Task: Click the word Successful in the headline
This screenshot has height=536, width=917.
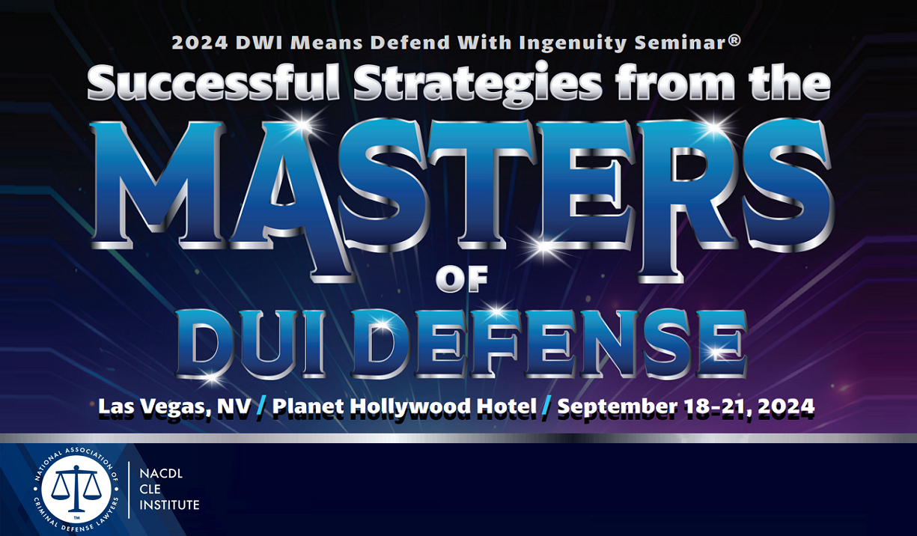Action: [213, 82]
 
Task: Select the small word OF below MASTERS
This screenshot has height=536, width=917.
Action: [462, 278]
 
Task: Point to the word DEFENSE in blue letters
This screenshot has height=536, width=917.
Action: [549, 343]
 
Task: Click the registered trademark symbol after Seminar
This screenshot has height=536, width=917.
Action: [735, 41]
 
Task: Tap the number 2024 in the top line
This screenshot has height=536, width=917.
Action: [200, 43]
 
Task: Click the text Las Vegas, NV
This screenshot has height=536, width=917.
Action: [174, 407]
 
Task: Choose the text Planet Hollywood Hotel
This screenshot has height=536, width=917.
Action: [404, 407]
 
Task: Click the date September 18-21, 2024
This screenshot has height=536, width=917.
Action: [686, 406]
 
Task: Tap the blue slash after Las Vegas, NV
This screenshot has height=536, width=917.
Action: [262, 406]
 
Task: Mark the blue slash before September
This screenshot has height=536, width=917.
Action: [547, 406]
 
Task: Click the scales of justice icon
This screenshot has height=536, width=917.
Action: [76, 489]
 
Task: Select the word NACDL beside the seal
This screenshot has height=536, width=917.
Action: [161, 474]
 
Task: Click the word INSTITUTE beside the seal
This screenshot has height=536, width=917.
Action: [169, 505]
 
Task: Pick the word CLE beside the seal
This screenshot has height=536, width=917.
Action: [150, 490]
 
